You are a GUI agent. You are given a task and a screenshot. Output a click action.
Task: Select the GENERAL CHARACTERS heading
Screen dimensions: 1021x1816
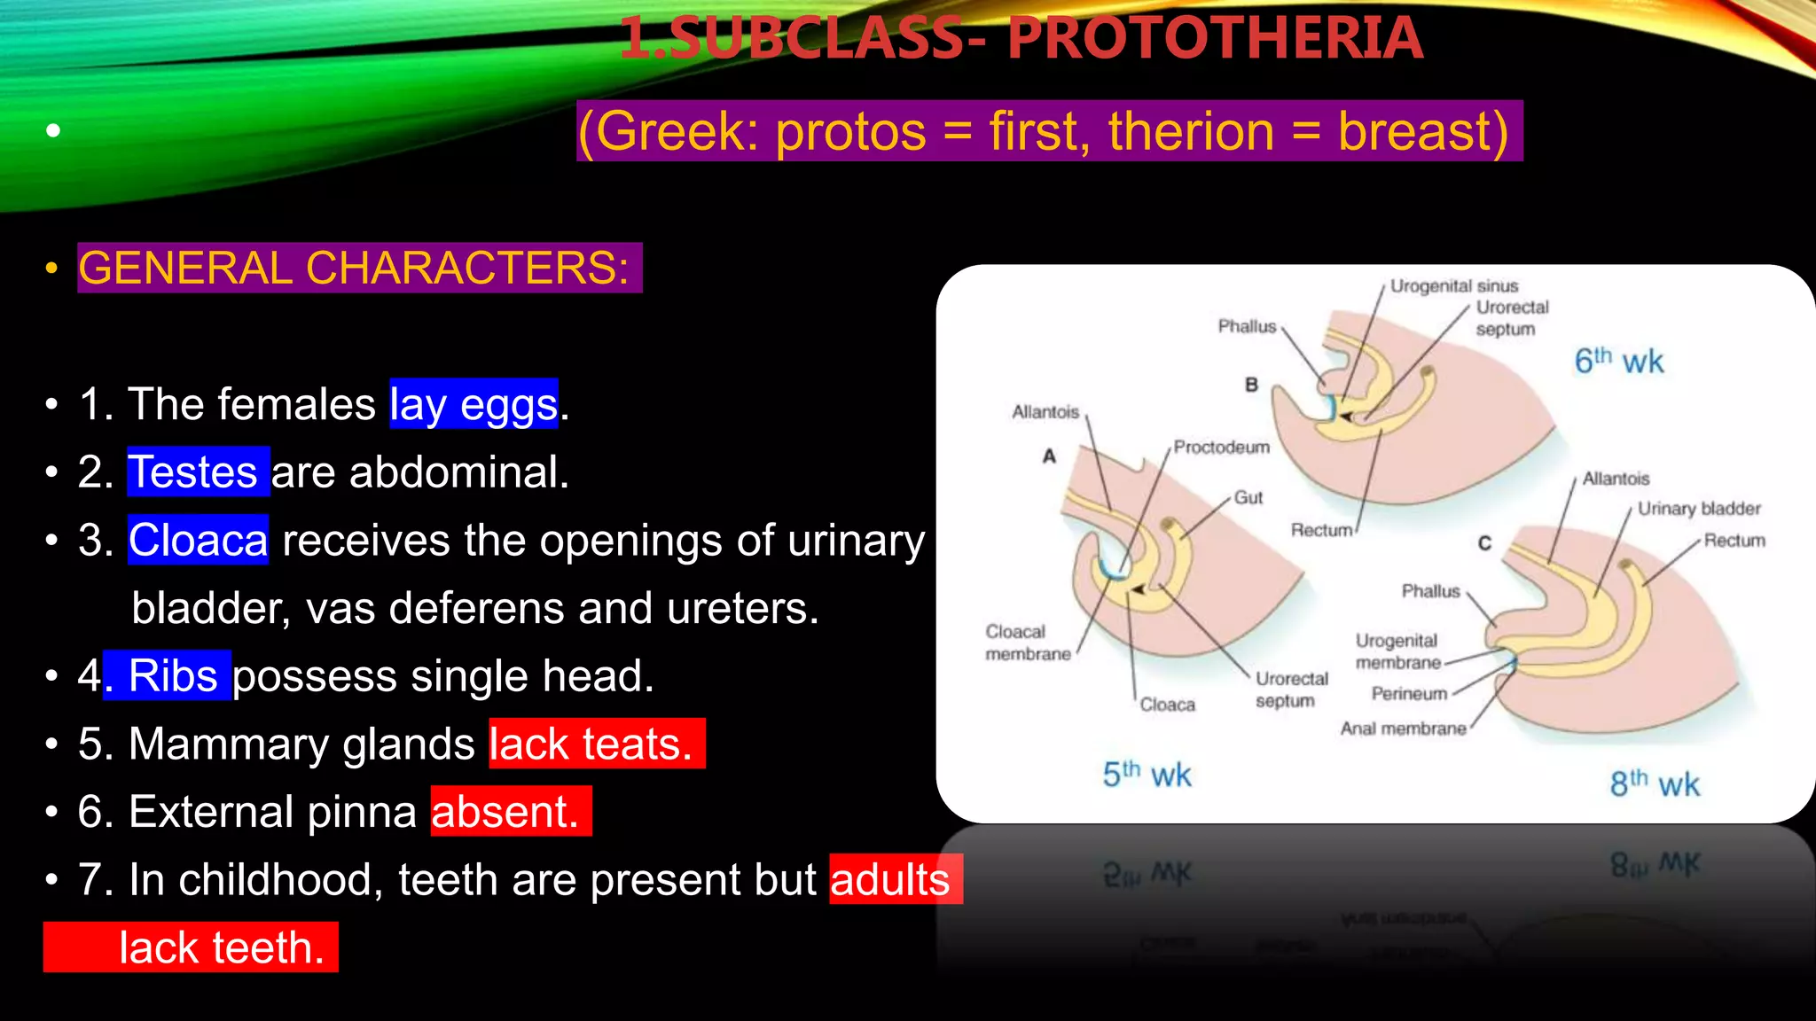tap(355, 268)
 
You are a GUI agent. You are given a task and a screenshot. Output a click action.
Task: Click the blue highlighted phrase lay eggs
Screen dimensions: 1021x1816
tap(474, 404)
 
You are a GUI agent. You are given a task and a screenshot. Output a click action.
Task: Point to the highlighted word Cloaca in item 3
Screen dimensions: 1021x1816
tap(198, 540)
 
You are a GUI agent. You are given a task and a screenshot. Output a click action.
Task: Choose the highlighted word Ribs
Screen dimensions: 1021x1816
tap(172, 675)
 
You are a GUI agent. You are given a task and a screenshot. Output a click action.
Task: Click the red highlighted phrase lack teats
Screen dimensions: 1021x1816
tap(591, 744)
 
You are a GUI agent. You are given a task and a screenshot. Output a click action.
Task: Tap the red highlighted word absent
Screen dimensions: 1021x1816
tap(506, 811)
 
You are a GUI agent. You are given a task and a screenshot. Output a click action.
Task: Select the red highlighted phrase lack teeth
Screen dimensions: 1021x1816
tap(221, 947)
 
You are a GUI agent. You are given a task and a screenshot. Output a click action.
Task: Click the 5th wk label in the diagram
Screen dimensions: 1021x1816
tap(1147, 775)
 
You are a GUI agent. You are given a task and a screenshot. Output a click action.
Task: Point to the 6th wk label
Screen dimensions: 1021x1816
tap(1618, 361)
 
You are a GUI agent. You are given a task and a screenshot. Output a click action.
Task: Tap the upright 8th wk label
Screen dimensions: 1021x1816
tap(1654, 783)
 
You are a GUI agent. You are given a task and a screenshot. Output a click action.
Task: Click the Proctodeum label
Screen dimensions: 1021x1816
tap(1221, 447)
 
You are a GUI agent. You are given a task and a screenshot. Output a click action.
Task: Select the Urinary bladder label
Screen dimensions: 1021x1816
tap(1698, 509)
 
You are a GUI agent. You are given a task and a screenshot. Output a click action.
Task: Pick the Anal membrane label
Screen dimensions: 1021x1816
tap(1403, 729)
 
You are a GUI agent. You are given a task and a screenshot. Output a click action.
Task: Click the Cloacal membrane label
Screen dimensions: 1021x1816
tap(1028, 643)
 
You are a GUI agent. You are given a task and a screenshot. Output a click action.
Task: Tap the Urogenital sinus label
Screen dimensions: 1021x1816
tap(1453, 286)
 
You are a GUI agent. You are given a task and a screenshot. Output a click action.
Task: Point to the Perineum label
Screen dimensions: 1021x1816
tap(1409, 694)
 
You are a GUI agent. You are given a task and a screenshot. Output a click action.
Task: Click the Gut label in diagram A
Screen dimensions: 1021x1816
tap(1248, 498)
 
